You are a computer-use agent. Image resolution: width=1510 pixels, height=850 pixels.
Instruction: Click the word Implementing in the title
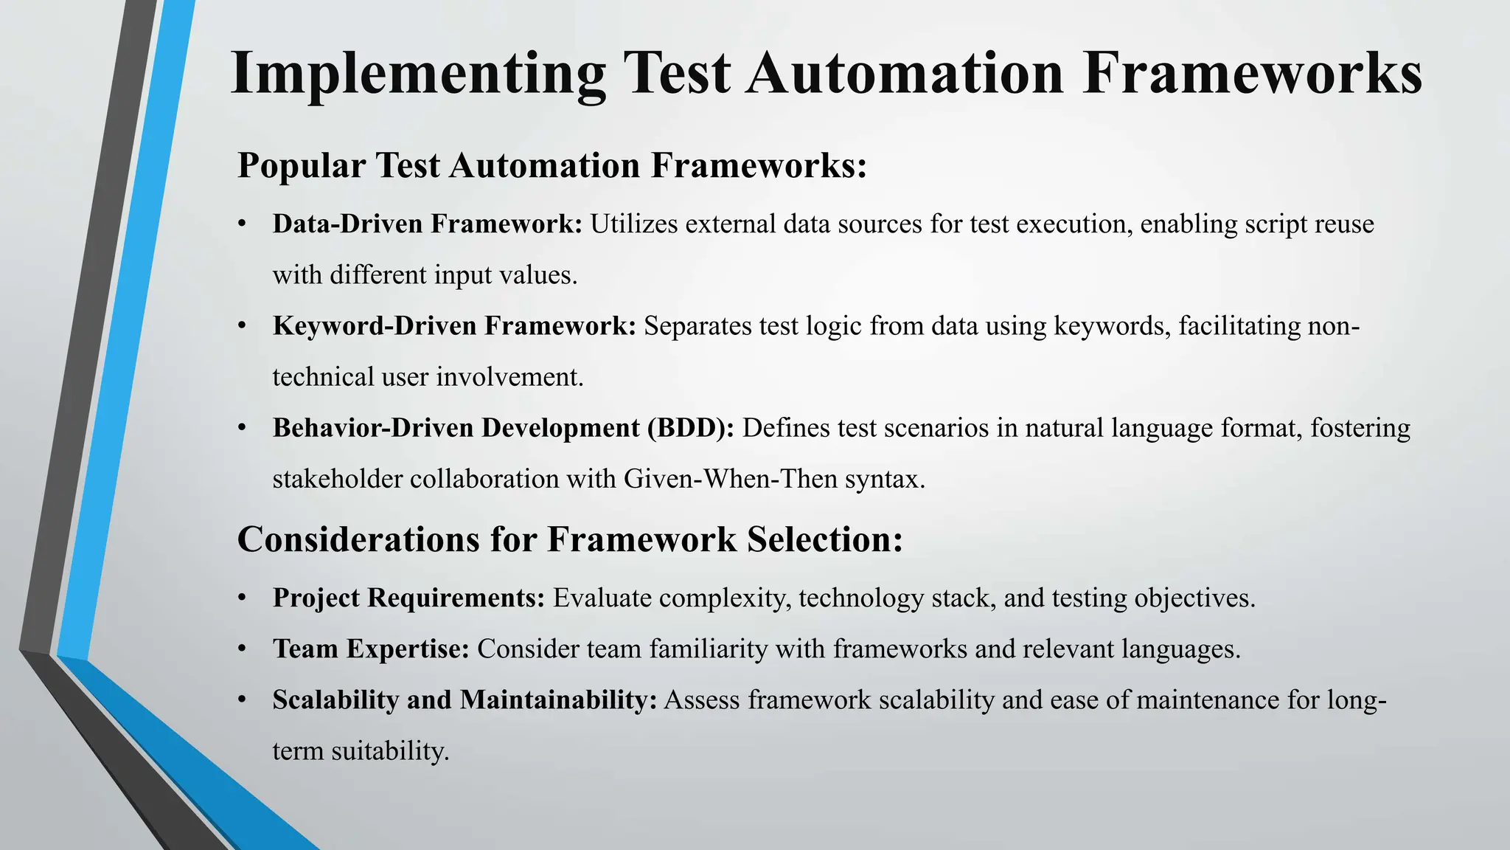pyautogui.click(x=418, y=74)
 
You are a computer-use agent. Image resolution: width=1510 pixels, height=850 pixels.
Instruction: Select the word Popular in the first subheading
pyautogui.click(x=302, y=165)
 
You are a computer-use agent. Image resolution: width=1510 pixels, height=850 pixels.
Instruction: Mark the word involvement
pyautogui.click(x=509, y=377)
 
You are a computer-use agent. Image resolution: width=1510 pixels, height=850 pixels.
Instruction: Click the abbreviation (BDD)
pyautogui.click(x=690, y=428)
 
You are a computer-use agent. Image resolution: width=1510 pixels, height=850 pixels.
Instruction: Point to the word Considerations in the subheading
pyautogui.click(x=359, y=539)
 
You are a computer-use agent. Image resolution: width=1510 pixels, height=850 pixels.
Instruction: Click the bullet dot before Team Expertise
pyautogui.click(x=242, y=649)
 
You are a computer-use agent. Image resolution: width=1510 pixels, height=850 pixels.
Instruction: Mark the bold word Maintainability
pyautogui.click(x=558, y=699)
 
